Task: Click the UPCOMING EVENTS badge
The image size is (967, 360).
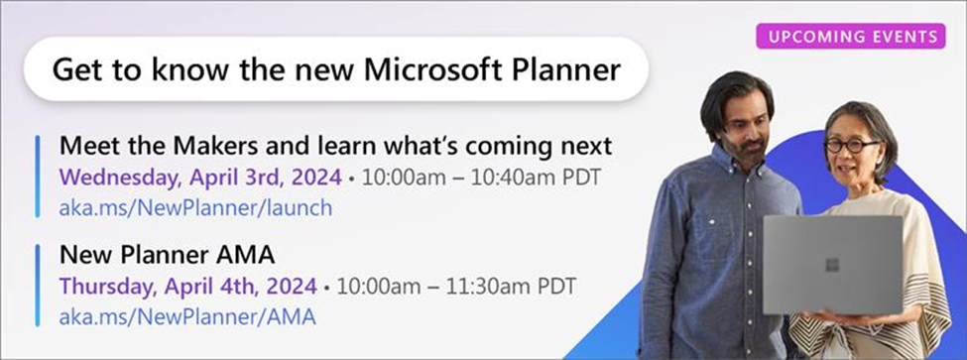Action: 850,36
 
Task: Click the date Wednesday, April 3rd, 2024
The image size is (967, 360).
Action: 200,178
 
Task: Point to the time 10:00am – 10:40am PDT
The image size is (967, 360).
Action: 481,178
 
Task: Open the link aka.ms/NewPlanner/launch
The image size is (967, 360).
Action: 195,207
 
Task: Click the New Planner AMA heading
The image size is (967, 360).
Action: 167,255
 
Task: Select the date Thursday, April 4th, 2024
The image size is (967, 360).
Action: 188,286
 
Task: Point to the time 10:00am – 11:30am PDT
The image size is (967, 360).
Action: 456,286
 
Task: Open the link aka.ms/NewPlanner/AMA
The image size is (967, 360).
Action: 187,316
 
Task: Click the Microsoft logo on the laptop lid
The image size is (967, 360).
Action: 832,265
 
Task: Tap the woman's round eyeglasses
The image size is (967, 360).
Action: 852,146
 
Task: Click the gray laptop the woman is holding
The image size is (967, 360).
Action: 832,265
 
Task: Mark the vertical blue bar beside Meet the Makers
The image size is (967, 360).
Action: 38,177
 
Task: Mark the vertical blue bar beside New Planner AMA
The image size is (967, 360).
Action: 38,285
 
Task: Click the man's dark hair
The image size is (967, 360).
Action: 736,98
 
